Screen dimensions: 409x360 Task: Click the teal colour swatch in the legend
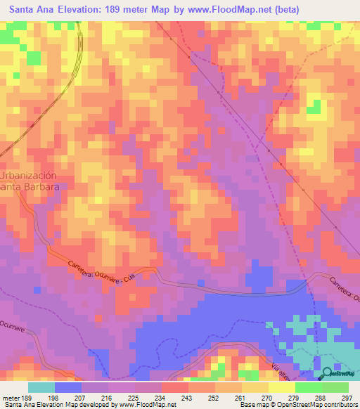(41, 387)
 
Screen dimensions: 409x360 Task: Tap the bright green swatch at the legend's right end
(335, 387)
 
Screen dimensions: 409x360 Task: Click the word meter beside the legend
(10, 397)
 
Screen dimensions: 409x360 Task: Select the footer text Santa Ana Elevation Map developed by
(59, 405)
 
